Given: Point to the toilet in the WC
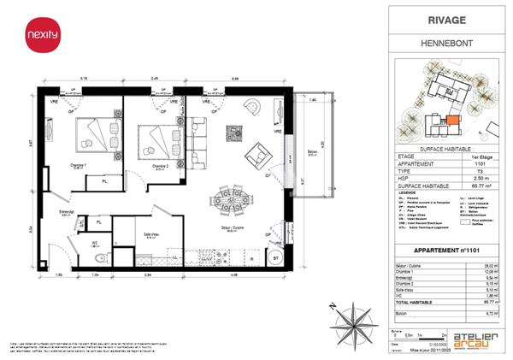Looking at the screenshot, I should coord(100,257).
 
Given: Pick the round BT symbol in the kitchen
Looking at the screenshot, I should coord(275,257).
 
